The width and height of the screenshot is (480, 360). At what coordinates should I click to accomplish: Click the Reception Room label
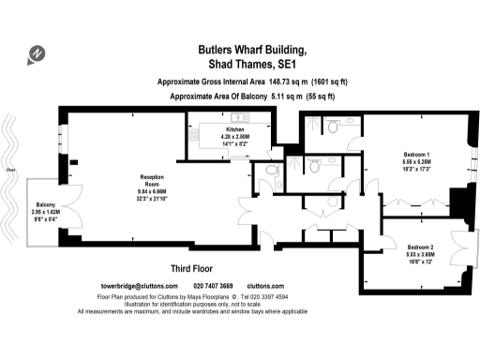pyautogui.click(x=152, y=180)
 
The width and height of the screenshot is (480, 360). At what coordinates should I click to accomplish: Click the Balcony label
pyautogui.click(x=46, y=203)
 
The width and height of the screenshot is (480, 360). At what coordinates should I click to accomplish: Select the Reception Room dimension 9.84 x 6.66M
pyautogui.click(x=152, y=192)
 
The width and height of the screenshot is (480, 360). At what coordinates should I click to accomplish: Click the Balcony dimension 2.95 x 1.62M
pyautogui.click(x=46, y=212)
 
